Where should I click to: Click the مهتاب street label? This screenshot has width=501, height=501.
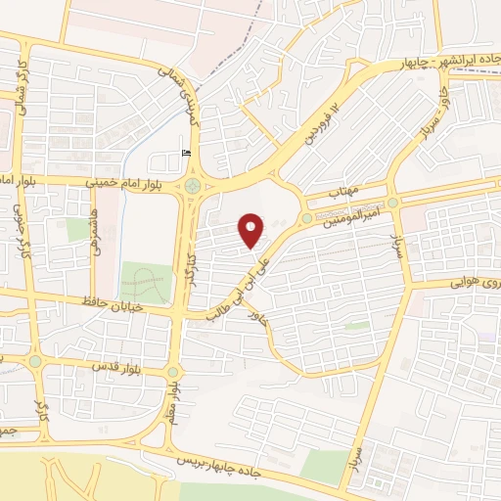tap(345, 189)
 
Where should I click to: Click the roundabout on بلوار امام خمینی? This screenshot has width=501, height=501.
tap(191, 184)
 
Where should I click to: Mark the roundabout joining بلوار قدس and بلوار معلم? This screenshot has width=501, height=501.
tap(174, 372)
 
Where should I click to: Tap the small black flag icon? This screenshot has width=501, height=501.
tap(186, 153)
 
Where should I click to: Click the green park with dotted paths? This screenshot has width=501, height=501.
tap(146, 282)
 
